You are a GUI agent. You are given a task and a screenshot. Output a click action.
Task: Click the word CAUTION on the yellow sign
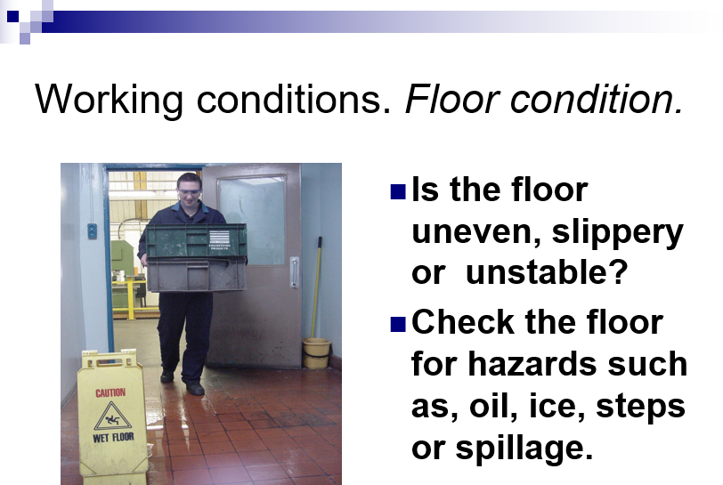110,392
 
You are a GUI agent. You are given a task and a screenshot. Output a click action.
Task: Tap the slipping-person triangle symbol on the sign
113,416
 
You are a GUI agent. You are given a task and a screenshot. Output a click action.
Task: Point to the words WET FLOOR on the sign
113,437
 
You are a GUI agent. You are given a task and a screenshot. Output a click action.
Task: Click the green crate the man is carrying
197,240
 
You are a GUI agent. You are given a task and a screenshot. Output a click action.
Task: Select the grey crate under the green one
197,275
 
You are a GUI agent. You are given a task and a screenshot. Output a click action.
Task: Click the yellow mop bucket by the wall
316,353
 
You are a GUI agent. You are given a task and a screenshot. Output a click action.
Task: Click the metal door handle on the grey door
295,272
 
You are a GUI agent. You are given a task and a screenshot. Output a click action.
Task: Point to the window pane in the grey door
252,221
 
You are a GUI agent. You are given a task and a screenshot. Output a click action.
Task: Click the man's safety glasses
189,191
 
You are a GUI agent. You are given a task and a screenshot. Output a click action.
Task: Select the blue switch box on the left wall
93,230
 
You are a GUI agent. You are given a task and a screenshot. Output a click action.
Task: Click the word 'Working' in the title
109,100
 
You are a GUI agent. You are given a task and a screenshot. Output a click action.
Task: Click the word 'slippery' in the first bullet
617,233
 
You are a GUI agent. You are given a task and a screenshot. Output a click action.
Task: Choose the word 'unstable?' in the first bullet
547,272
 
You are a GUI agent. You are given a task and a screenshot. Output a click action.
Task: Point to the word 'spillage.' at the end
524,449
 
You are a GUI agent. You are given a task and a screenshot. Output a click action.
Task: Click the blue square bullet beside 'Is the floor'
398,192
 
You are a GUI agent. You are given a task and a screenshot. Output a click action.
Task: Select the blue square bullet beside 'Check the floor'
398,324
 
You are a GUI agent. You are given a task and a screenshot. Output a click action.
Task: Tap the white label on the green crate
219,239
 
